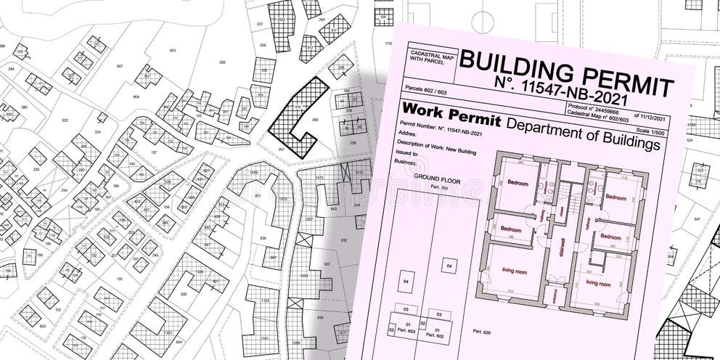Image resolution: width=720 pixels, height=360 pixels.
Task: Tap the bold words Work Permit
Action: coord(450,115)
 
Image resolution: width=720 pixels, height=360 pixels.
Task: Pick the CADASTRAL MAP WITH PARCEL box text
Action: coord(431,59)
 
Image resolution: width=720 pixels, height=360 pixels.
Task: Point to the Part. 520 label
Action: coord(482,331)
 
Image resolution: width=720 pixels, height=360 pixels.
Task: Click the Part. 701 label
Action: coord(440,187)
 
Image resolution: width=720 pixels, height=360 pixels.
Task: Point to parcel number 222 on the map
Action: coord(65,120)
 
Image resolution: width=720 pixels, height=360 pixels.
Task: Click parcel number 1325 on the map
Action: coord(168,332)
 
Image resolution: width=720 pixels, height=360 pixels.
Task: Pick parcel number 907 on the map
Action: coord(120,66)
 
